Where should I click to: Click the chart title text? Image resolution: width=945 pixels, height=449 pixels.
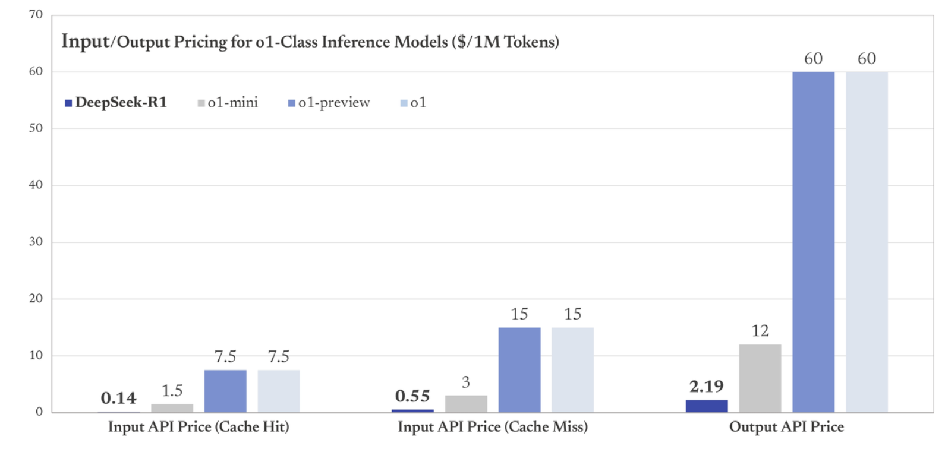(x=310, y=42)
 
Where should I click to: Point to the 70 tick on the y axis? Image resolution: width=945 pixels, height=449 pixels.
(x=36, y=14)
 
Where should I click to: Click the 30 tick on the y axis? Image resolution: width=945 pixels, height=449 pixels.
(x=36, y=241)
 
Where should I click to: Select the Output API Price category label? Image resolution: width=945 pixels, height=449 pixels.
(x=786, y=426)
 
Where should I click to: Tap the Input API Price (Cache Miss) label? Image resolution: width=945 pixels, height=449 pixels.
(x=493, y=426)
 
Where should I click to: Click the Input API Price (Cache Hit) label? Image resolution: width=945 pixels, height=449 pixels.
(x=199, y=426)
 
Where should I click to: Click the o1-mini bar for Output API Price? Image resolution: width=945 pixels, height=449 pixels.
(x=760, y=378)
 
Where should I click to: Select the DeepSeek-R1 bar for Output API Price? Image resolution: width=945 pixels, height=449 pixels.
(x=707, y=406)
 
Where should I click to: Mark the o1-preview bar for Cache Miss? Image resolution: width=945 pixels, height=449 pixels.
(x=519, y=369)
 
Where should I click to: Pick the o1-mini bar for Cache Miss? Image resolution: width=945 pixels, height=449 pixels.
(x=466, y=404)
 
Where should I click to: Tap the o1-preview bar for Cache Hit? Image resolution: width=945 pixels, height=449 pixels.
(x=225, y=391)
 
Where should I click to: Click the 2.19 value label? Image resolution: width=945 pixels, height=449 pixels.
(x=707, y=387)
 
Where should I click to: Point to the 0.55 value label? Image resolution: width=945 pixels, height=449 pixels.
(x=412, y=396)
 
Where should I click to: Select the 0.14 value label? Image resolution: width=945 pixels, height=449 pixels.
(x=118, y=398)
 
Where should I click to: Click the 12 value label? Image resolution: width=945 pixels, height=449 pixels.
(x=760, y=331)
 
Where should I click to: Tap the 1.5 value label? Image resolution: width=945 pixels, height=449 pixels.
(x=172, y=391)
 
